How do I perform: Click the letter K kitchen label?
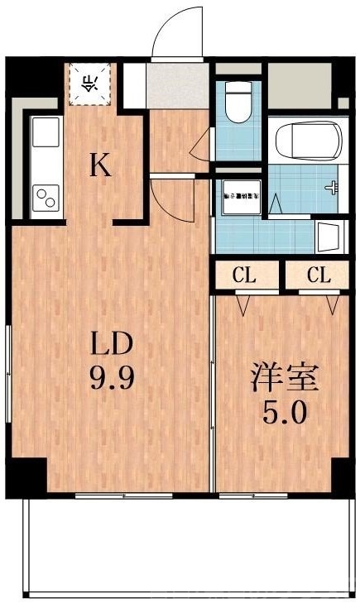tap(99, 166)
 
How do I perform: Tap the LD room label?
tap(111, 343)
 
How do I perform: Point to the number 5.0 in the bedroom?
tap(285, 411)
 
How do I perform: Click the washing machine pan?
tap(239, 198)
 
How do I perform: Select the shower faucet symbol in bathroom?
tap(334, 188)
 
